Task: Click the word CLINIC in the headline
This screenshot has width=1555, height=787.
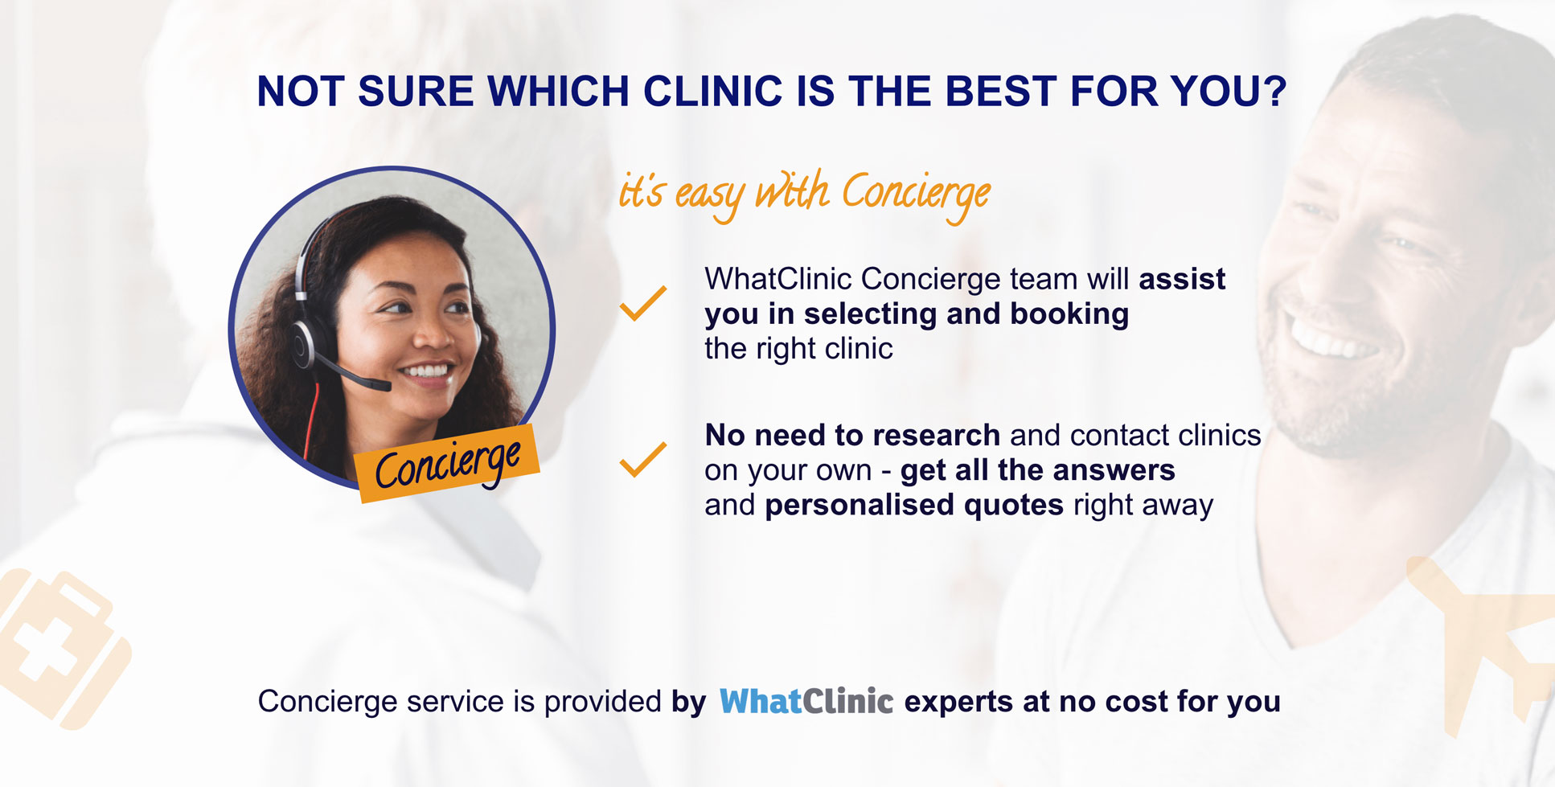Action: click(712, 92)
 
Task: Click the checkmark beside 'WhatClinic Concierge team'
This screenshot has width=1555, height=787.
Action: click(643, 303)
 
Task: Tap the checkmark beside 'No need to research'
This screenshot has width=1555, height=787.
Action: click(643, 459)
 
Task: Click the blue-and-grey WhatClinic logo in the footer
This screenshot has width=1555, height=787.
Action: click(806, 702)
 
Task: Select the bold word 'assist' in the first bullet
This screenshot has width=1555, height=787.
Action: click(1182, 279)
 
